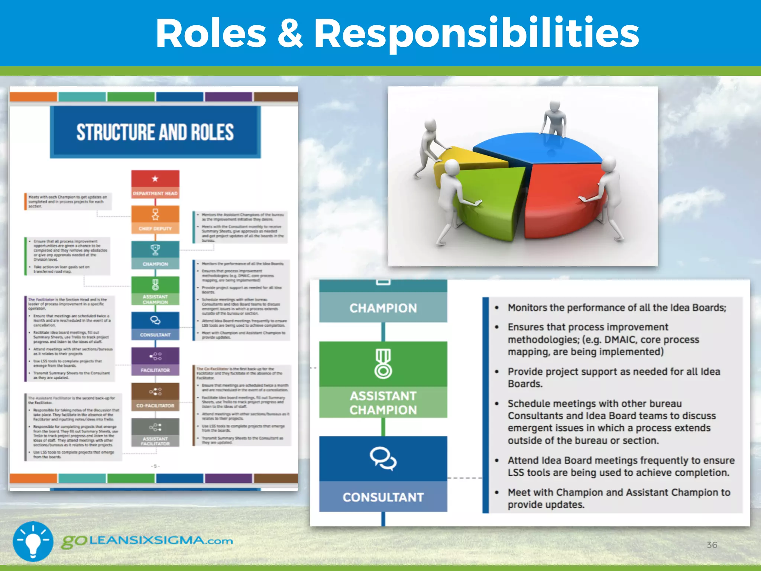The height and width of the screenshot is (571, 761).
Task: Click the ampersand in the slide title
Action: [x=290, y=33]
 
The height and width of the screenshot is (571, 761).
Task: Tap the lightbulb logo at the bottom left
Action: [x=33, y=541]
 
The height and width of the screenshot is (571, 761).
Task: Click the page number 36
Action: [x=712, y=545]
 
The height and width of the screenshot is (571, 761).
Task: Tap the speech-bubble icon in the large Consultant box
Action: [x=383, y=459]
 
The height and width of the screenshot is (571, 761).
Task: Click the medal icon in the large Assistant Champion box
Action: [x=383, y=364]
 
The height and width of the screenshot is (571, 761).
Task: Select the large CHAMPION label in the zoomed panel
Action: [x=383, y=308]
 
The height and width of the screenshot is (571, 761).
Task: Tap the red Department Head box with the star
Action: [x=155, y=184]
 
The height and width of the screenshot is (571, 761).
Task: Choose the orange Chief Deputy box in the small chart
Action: [x=155, y=219]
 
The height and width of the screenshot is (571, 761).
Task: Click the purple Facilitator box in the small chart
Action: [x=155, y=361]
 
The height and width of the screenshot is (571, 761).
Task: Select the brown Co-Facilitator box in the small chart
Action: [x=155, y=397]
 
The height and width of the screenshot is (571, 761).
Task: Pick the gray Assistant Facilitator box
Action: [x=155, y=432]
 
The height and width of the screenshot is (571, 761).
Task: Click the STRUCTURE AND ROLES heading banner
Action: [x=155, y=132]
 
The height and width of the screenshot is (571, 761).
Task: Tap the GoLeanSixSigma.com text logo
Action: [x=147, y=541]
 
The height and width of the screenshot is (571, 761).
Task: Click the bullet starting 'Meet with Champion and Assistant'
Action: [x=619, y=498]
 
